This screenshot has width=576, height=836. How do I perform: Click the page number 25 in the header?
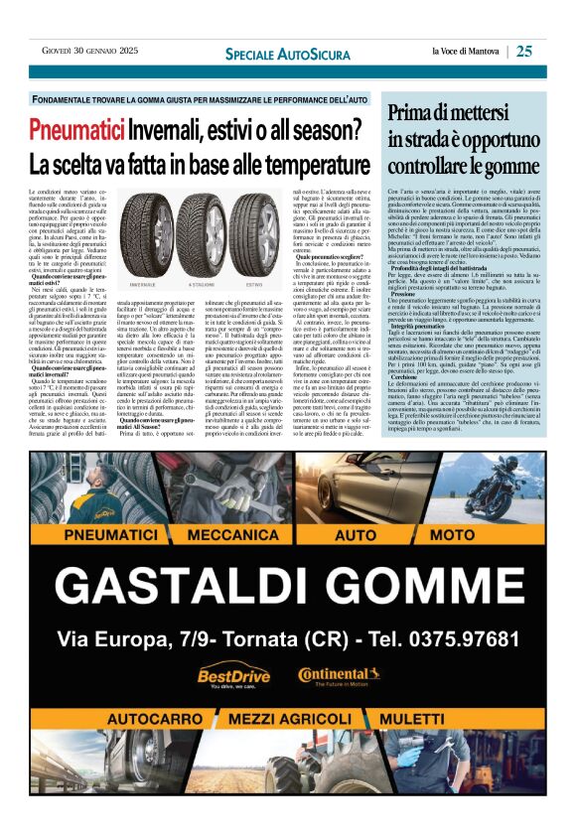(x=524, y=51)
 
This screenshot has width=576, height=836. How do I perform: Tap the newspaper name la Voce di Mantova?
(x=466, y=52)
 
